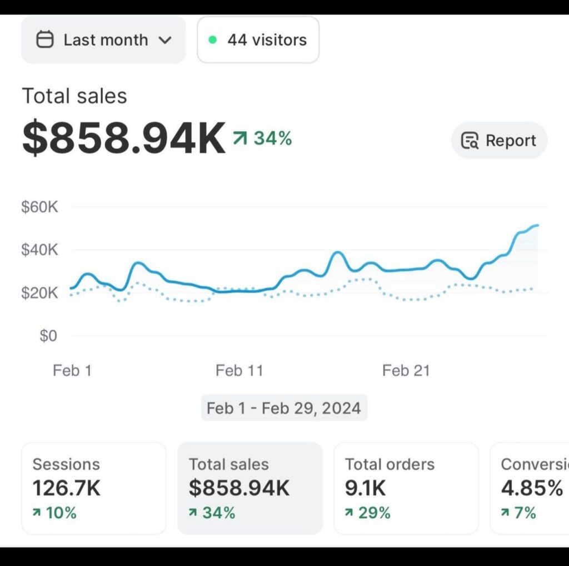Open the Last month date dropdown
pyautogui.click(x=103, y=40)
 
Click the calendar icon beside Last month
pyautogui.click(x=44, y=40)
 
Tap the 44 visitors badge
pyautogui.click(x=258, y=40)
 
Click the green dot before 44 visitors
pyautogui.click(x=212, y=40)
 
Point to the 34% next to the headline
pyautogui.click(x=272, y=138)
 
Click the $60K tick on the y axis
pyautogui.click(x=39, y=207)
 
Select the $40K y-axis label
pyautogui.click(x=39, y=250)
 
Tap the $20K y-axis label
pyautogui.click(x=39, y=292)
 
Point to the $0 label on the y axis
pyautogui.click(x=48, y=336)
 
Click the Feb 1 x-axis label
pyautogui.click(x=72, y=370)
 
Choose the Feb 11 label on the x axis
pyautogui.click(x=239, y=370)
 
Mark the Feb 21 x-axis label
pyautogui.click(x=406, y=370)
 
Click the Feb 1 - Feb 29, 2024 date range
pyautogui.click(x=284, y=408)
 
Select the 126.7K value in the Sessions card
pyautogui.click(x=67, y=488)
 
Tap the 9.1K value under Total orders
pyautogui.click(x=365, y=488)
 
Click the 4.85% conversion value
pyautogui.click(x=532, y=488)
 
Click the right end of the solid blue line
pyautogui.click(x=537, y=225)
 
